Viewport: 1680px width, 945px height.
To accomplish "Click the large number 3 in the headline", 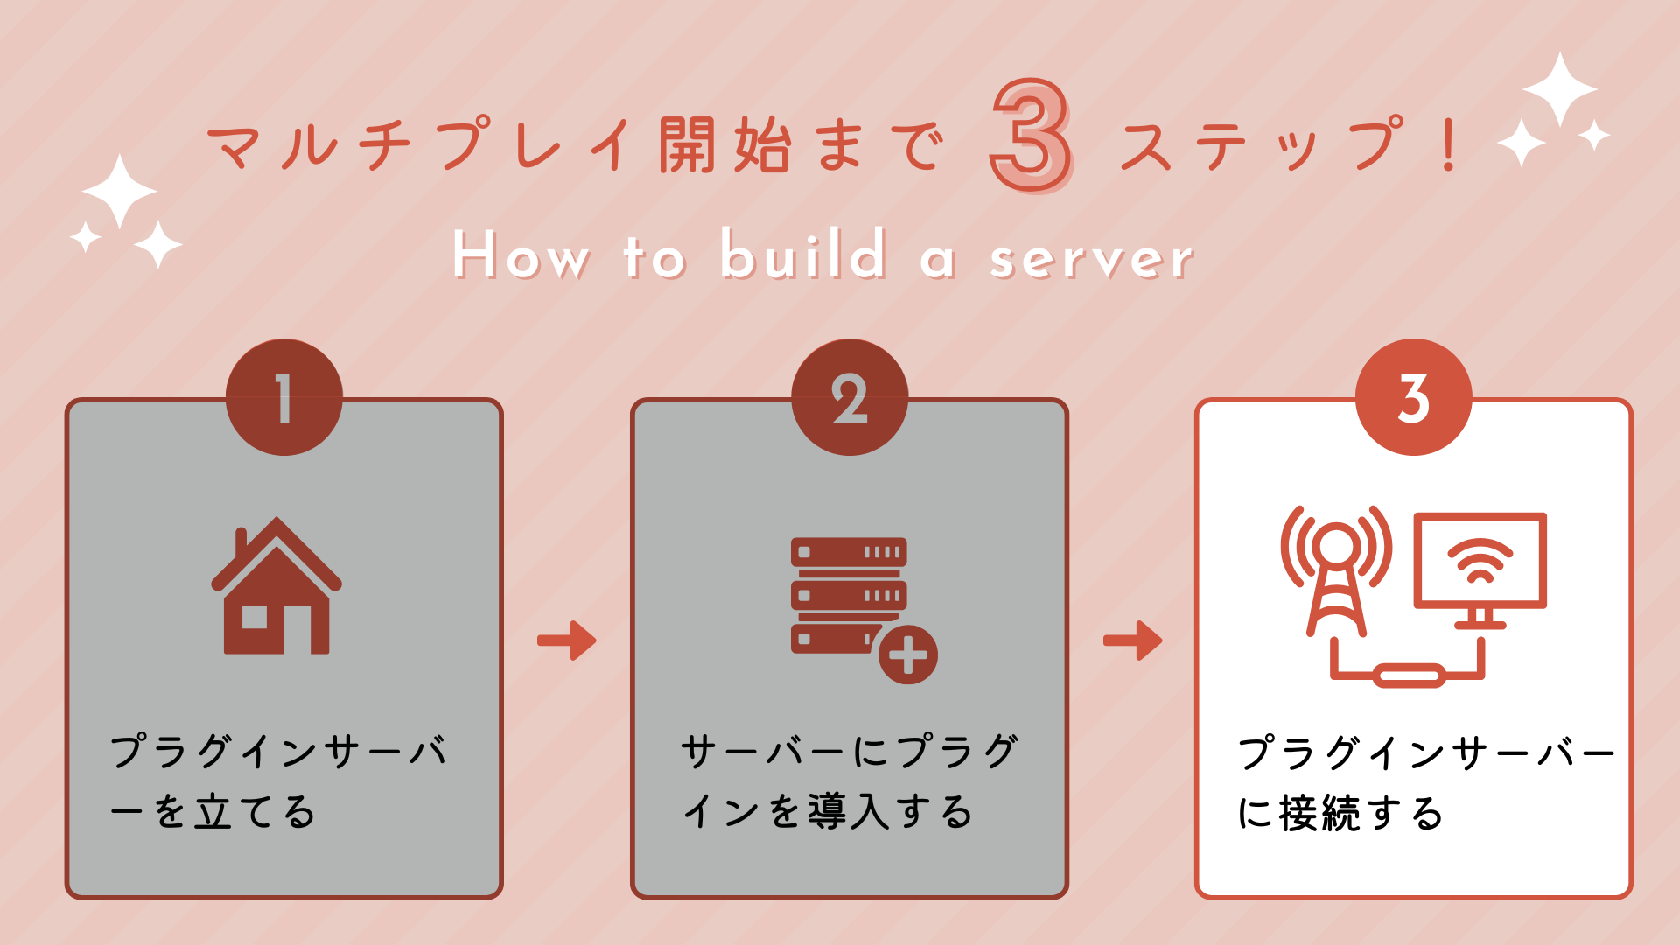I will (1031, 136).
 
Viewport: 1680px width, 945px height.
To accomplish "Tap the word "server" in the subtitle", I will (1091, 258).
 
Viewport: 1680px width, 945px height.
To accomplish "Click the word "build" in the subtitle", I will (803, 255).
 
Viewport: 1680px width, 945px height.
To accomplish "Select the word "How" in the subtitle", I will (521, 255).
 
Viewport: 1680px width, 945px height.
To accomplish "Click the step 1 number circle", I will (283, 397).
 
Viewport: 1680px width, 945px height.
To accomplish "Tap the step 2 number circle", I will (849, 397).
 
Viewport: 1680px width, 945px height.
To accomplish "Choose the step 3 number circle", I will (1413, 397).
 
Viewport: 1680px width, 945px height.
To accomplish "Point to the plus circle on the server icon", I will (907, 654).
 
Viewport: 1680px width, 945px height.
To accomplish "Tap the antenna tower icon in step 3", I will (1336, 569).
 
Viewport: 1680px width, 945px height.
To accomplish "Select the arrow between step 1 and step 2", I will (567, 640).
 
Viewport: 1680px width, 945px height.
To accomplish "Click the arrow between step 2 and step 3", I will (1133, 640).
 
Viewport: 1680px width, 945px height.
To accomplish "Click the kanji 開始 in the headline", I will (724, 145).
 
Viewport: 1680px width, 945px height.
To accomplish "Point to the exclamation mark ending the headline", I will (1448, 145).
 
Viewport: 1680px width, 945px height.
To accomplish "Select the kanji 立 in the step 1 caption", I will (213, 811).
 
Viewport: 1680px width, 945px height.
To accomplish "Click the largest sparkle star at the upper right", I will (1559, 88).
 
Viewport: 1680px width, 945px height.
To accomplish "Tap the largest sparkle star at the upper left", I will (120, 191).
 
